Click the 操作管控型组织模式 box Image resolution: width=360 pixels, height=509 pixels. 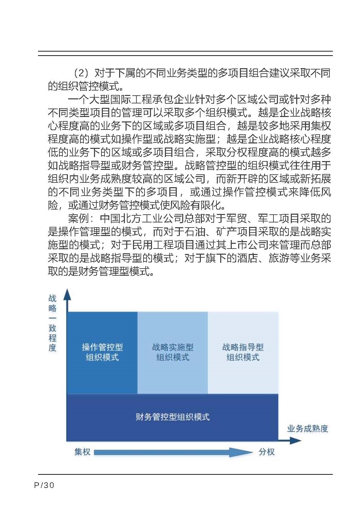tap(102, 352)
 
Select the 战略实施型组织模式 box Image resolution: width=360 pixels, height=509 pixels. tap(172, 352)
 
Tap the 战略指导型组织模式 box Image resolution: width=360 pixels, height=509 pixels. tap(243, 352)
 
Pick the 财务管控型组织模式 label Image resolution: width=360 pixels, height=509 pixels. tap(172, 417)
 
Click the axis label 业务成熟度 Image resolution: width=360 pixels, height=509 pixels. tap(307, 429)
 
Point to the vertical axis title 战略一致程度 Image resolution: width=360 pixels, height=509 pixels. tap(52, 323)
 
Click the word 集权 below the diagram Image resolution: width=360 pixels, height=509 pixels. tap(82, 452)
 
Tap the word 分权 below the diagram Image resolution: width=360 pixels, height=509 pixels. tap(267, 452)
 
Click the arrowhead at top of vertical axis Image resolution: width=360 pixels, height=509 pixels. tap(68, 294)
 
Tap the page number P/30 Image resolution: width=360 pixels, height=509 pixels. tap(44, 485)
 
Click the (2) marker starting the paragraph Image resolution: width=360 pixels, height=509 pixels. tap(81, 73)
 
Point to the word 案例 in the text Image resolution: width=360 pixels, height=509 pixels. tap(78, 219)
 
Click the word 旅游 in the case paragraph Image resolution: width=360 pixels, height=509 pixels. tap(279, 258)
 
